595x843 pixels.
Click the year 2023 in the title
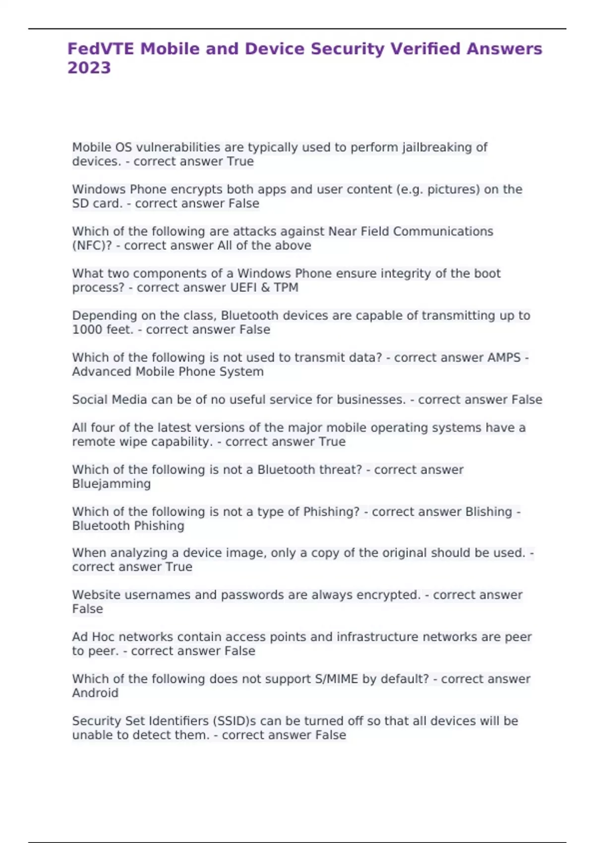pos(89,67)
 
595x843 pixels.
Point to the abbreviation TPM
pos(286,288)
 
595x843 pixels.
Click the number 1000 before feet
pos(85,330)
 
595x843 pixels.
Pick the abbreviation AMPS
pos(504,358)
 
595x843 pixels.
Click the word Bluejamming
pos(112,484)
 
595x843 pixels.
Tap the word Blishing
pos(488,512)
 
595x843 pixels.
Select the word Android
pos(95,693)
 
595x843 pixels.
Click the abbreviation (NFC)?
pos(92,245)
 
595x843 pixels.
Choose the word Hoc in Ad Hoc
pos(103,637)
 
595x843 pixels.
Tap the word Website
pos(96,595)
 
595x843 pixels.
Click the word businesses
pos(371,400)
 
